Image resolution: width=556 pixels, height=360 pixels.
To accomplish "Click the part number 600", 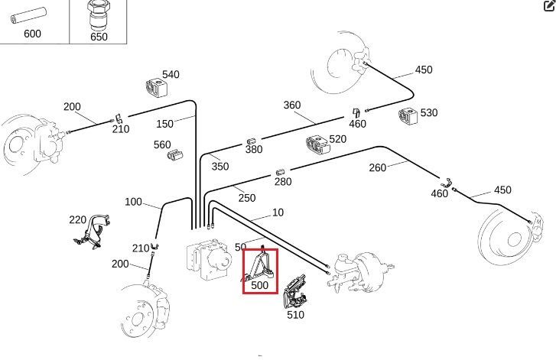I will (x=32, y=34).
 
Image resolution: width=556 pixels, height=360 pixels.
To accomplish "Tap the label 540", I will (x=171, y=74).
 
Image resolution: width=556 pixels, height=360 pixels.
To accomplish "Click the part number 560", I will (x=162, y=144).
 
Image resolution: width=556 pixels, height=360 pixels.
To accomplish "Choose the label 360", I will (x=292, y=105).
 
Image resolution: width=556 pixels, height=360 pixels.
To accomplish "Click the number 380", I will (x=254, y=150).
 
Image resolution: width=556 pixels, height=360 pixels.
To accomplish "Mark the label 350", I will (x=220, y=166).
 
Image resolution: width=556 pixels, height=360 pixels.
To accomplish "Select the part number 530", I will (x=429, y=112).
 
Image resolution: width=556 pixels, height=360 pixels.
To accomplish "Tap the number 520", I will (x=337, y=139).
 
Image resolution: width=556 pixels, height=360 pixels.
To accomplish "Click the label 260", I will (x=378, y=167).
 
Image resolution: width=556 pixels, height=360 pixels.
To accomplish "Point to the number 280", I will (x=283, y=181).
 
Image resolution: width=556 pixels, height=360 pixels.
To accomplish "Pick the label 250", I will (x=246, y=197).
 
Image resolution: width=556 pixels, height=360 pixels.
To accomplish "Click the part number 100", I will (x=133, y=202).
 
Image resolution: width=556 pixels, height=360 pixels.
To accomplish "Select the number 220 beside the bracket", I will (x=77, y=219).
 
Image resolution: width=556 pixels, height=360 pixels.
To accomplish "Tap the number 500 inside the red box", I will (x=260, y=285).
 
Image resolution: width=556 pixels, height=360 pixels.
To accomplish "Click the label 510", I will (x=295, y=314).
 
